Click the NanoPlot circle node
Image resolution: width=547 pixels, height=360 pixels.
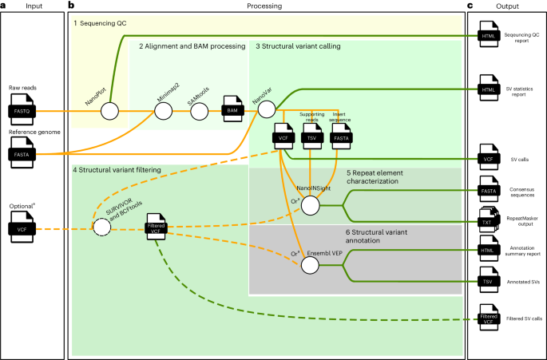pyautogui.click(x=109, y=109)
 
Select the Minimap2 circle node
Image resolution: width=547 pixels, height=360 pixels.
pyautogui.click(x=164, y=109)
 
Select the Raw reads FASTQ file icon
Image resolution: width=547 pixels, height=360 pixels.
pyautogui.click(x=22, y=109)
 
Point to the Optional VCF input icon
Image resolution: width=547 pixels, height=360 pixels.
pyautogui.click(x=22, y=228)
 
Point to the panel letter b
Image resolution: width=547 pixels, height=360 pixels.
pyautogui.click(x=72, y=6)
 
